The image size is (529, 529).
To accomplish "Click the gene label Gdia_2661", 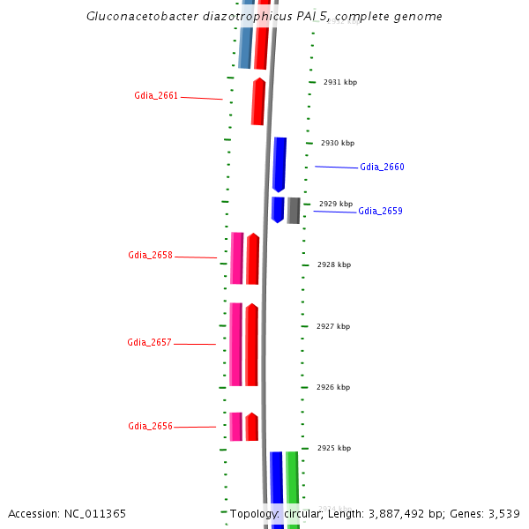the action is coord(156,95).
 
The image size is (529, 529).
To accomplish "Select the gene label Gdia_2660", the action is coord(382,168).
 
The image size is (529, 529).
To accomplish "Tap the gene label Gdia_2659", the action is coord(380,212).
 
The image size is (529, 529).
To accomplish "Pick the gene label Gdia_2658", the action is coord(150,256).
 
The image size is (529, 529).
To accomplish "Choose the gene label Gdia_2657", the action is coord(150,343).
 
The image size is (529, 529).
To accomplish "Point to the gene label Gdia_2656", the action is coord(150,427).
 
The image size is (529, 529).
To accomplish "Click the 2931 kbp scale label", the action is coord(340,82).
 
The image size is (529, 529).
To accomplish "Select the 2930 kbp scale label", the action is coord(338,143).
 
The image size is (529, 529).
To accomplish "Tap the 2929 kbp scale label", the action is coord(336,204).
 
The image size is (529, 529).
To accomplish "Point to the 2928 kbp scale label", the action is coord(334,264).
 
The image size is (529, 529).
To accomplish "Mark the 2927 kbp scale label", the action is coord(333,326).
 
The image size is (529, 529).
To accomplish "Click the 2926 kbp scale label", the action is coord(333,387).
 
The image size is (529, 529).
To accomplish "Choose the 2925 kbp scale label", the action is coord(334,448).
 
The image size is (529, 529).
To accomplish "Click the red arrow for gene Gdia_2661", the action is coord(258,101).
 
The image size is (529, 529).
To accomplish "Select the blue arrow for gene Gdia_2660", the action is coord(279,164).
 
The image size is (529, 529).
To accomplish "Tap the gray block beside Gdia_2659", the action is coord(294,211).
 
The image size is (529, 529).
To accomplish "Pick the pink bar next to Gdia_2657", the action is coord(235,344).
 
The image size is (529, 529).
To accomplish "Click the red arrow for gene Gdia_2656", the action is coord(252,427).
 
